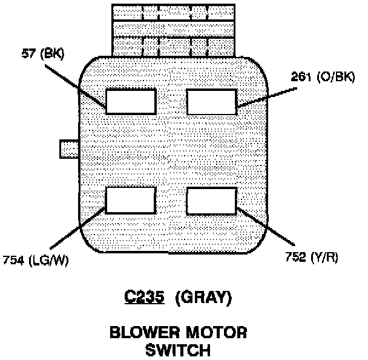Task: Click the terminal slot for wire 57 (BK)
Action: click(x=131, y=101)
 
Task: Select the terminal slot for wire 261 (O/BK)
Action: click(x=211, y=101)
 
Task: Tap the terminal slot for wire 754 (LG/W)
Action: click(x=131, y=200)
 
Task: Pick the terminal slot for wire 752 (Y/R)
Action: click(x=211, y=200)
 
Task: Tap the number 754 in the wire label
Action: click(x=13, y=261)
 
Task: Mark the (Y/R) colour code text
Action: click(x=325, y=256)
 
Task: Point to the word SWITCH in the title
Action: click(x=177, y=350)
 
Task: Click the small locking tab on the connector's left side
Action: click(x=68, y=149)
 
